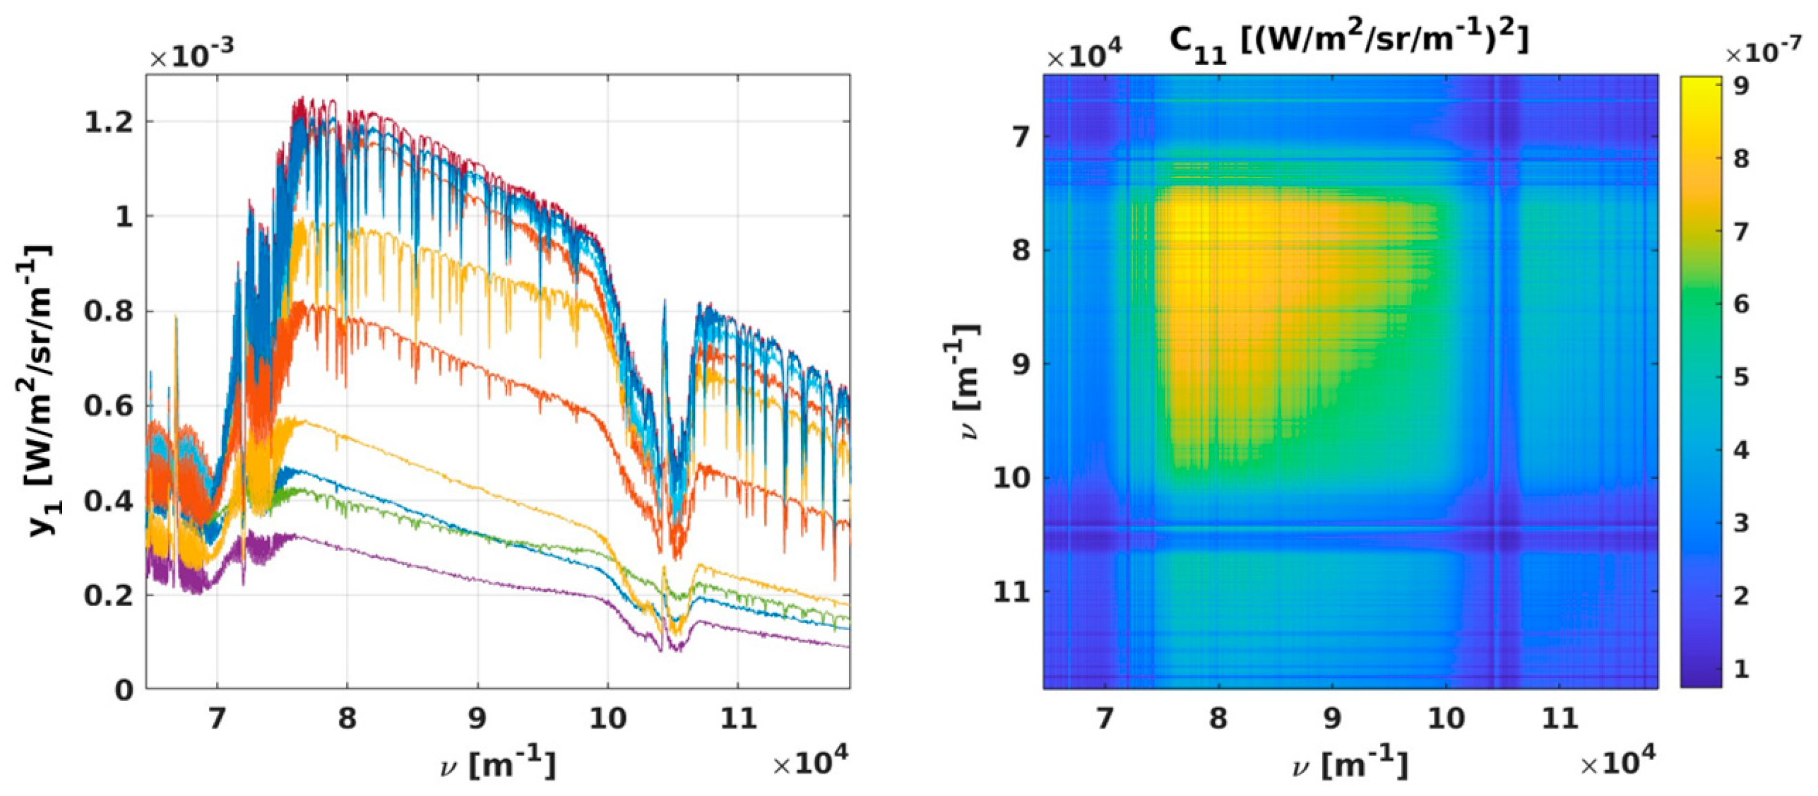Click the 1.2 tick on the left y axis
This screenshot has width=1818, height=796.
point(107,123)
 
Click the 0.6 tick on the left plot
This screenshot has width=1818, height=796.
point(107,407)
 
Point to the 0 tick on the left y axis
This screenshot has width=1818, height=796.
point(124,690)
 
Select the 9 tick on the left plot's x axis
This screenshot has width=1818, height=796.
point(477,719)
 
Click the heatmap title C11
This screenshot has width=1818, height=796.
point(1349,41)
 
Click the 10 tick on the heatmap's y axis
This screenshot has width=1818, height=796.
point(1012,478)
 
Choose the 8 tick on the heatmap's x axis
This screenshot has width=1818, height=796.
point(1218,719)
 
